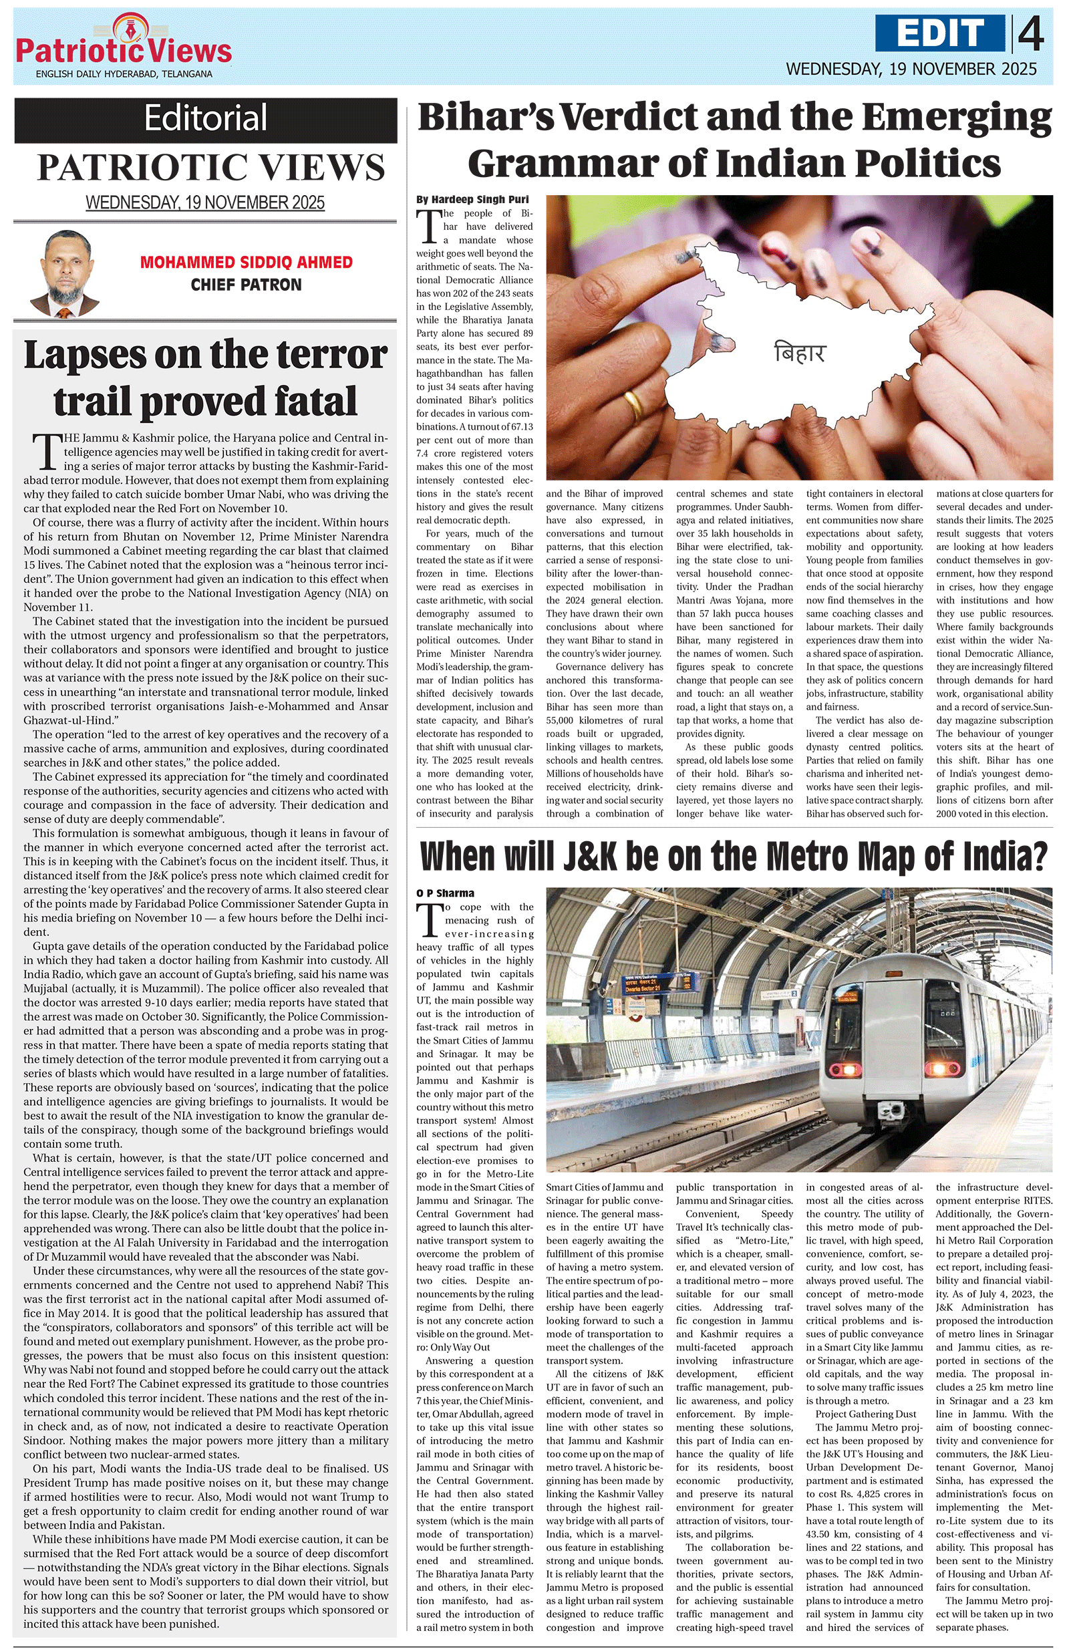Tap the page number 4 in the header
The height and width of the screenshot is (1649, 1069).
pos(1030,34)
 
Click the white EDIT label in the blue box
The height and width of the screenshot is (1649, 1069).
pos(939,33)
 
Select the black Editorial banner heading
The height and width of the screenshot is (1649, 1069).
pos(205,118)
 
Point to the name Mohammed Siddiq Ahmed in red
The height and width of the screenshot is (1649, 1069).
pos(246,263)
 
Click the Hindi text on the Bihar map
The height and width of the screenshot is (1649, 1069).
pos(800,353)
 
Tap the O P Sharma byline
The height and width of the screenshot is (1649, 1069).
pos(446,893)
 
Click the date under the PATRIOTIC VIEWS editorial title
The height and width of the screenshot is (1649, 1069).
pos(205,202)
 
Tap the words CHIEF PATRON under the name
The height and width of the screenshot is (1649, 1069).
pos(246,285)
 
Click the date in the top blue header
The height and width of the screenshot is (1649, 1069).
pos(911,69)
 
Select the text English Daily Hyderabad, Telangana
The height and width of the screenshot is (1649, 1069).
pos(124,74)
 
